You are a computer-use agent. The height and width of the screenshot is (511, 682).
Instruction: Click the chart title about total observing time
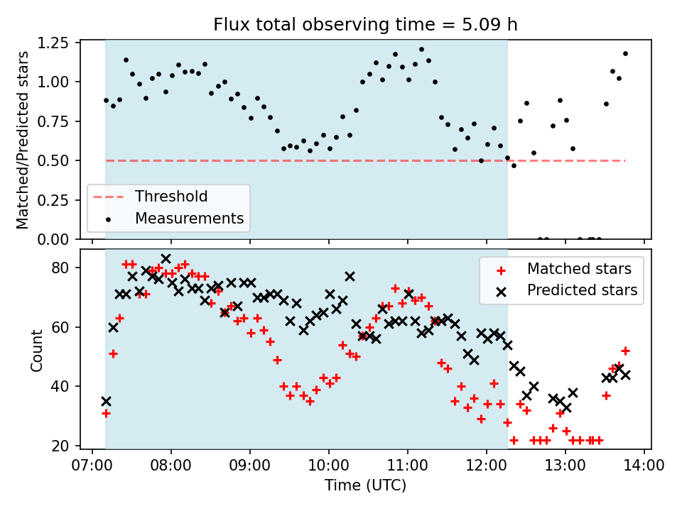[365, 25]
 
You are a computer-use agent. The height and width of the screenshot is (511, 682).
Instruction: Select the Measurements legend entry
[189, 218]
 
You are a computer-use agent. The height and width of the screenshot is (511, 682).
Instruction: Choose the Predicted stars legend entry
[582, 290]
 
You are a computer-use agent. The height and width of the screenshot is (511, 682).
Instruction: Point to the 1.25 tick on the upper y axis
[54, 43]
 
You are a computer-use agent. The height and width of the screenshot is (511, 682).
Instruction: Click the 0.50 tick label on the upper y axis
[54, 161]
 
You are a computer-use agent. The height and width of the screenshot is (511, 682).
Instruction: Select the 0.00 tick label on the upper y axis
[54, 239]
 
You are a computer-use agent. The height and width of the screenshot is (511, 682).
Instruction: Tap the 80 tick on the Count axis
[60, 268]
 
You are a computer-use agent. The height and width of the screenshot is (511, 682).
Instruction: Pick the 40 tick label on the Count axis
[60, 387]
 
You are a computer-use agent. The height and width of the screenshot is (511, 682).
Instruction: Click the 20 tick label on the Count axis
[60, 446]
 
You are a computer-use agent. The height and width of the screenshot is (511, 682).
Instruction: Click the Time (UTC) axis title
[365, 485]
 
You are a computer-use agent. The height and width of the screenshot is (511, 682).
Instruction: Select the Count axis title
[37, 350]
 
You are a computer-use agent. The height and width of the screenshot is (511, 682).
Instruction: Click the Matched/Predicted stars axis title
[23, 140]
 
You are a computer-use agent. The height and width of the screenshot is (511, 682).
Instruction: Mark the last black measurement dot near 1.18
[625, 53]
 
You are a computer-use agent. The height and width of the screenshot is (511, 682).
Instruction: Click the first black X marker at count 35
[106, 402]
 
